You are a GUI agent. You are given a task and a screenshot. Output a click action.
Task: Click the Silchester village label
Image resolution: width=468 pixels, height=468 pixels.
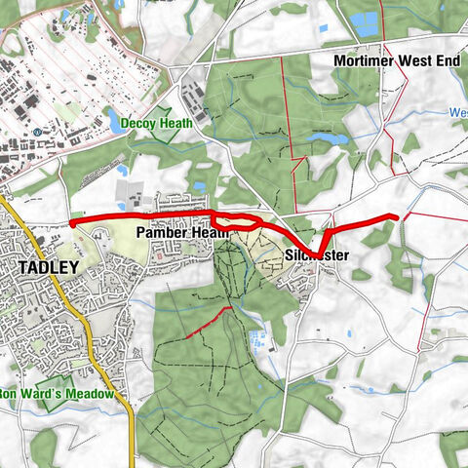click(317, 255)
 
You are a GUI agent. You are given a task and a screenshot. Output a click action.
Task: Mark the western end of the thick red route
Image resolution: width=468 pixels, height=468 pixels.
click(72, 222)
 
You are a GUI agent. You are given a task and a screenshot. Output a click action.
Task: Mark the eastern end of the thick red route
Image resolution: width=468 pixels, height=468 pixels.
click(397, 217)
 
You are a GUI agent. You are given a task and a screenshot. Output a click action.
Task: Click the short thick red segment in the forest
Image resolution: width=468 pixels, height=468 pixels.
click(208, 323)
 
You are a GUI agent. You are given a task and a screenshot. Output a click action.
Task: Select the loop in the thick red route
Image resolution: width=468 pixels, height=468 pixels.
click(237, 221)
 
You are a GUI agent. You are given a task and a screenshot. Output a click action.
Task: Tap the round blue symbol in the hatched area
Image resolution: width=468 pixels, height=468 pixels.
click(36, 132)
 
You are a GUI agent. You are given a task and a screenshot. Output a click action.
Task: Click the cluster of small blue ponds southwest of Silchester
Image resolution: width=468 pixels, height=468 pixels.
click(258, 340)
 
